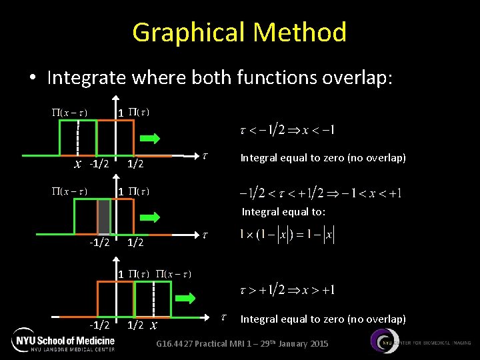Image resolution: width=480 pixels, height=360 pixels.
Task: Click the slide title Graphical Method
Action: [x=239, y=32]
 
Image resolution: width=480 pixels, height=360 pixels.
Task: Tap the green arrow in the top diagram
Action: [x=150, y=139]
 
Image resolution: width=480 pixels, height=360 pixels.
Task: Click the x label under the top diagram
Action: [x=78, y=164]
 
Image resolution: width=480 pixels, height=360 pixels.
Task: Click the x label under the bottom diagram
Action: [x=154, y=325]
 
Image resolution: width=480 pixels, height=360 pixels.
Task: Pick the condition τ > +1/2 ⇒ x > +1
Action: [x=287, y=290]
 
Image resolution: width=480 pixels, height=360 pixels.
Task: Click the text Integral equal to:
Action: [x=283, y=212]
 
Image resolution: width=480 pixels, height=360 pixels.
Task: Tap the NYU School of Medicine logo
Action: [x=63, y=342]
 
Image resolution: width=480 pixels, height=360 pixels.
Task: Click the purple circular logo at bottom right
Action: [x=384, y=342]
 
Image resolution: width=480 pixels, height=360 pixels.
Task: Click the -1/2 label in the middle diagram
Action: [x=99, y=243]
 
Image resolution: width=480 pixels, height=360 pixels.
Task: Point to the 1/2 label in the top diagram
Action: [x=136, y=164]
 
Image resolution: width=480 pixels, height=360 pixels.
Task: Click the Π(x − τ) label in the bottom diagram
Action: [x=175, y=274]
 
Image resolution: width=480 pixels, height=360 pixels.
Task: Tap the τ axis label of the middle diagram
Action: [x=205, y=235]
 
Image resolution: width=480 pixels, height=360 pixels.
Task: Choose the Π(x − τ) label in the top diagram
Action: [x=72, y=112]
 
